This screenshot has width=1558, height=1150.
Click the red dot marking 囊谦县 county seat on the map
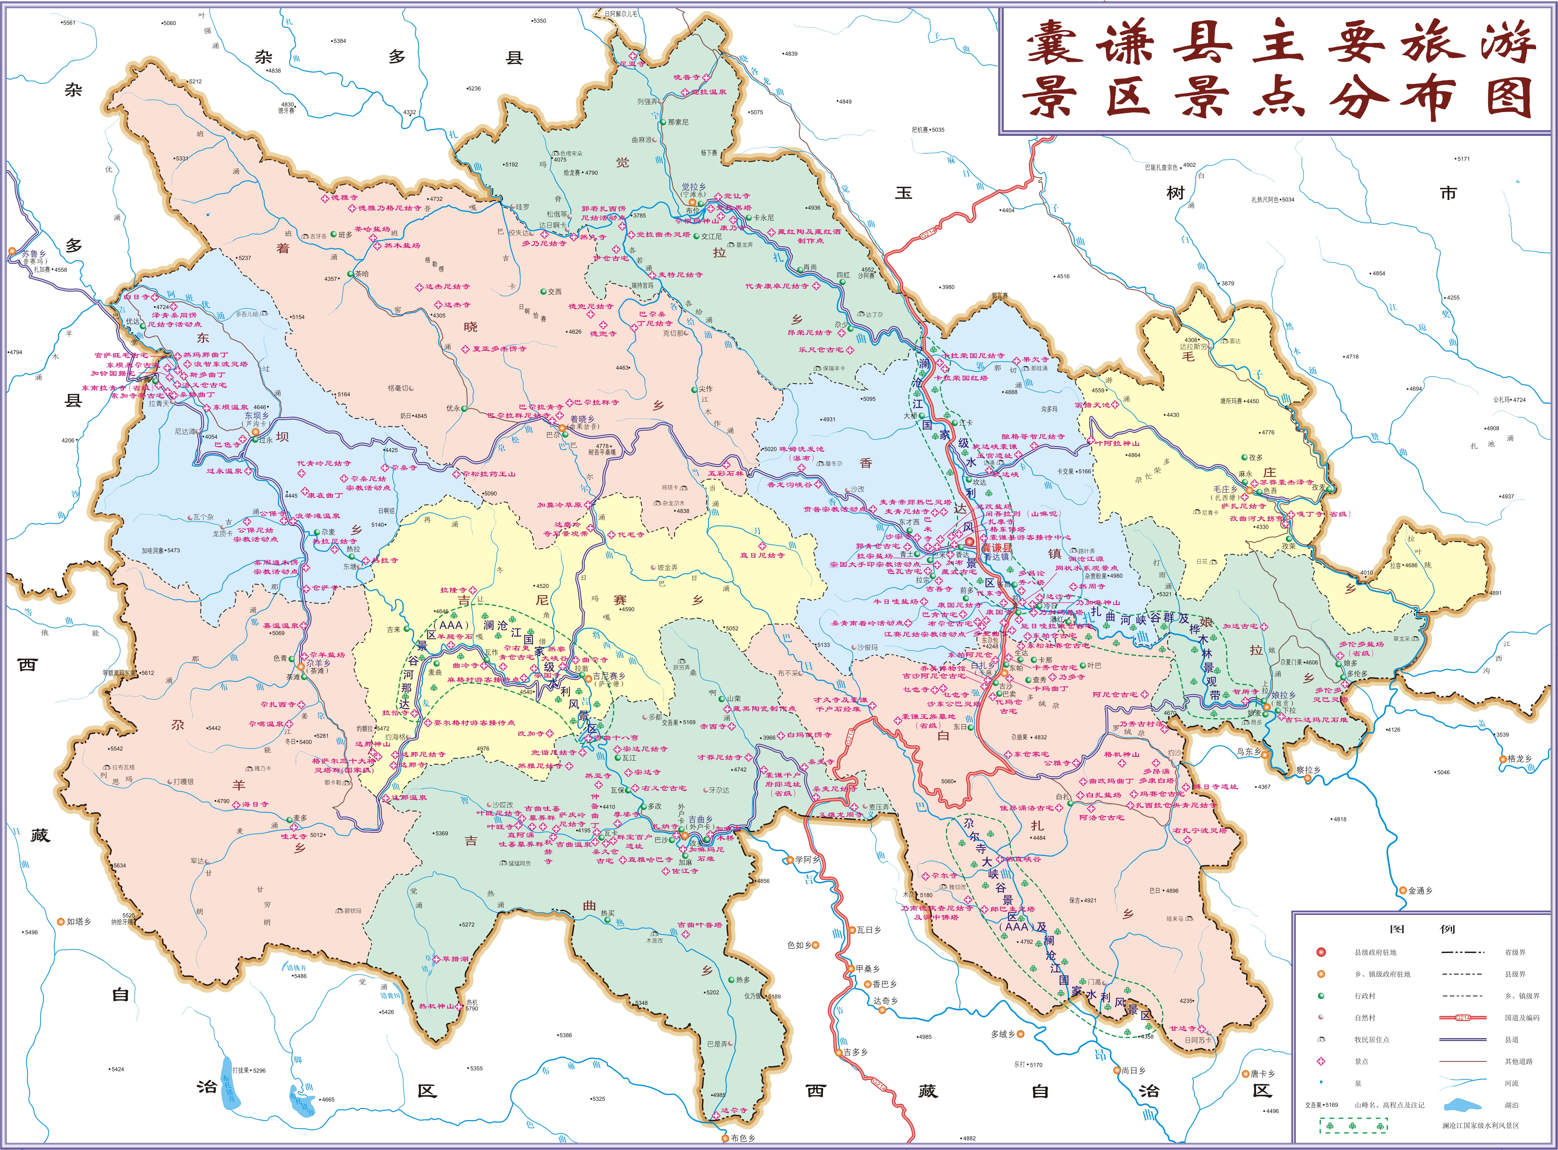point(969,542)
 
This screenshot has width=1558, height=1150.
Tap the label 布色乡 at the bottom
point(742,1138)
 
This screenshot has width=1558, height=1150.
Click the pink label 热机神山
point(436,1006)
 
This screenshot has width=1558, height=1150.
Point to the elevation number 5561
point(68,23)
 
